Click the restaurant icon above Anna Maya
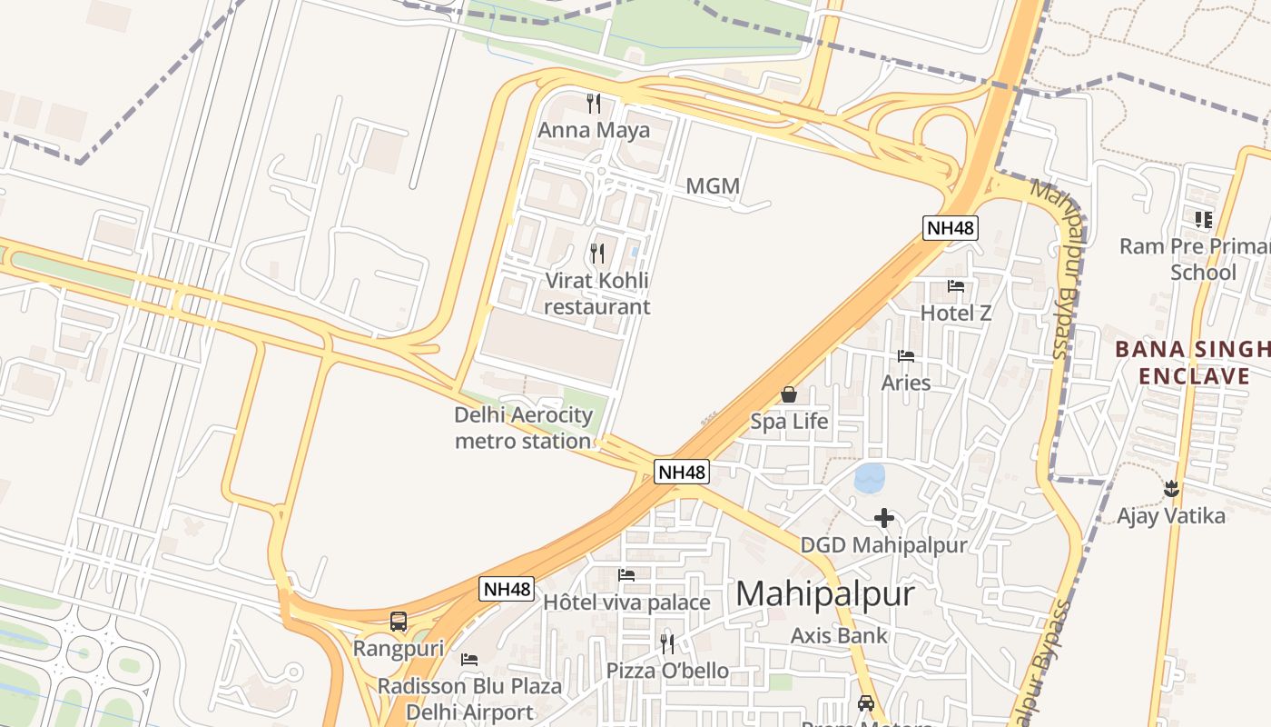coord(594,103)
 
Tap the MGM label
coord(713,186)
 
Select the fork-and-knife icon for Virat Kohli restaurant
coord(597,253)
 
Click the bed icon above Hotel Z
coord(956,286)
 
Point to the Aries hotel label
coord(906,383)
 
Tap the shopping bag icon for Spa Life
coord(789,394)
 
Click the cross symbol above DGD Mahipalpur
coord(883,518)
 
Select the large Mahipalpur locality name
coord(824,593)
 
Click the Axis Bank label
coord(839,635)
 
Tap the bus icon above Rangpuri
coord(399,622)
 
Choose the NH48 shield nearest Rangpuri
coord(506,589)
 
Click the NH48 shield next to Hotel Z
coord(951,227)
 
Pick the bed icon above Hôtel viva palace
coord(626,574)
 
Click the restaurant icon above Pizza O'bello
coord(667,644)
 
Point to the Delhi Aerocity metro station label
coord(523,428)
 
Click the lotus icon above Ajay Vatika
coord(1171,489)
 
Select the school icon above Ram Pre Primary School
coord(1204,219)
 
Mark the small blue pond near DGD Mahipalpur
coord(869,477)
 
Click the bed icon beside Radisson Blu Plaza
coord(469,659)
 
